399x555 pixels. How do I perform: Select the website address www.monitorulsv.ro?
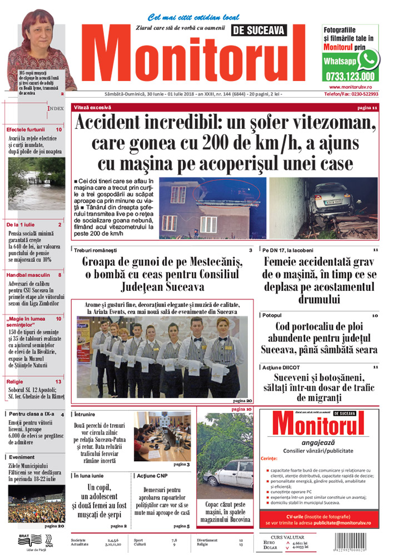(353, 87)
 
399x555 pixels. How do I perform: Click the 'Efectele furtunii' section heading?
(28, 129)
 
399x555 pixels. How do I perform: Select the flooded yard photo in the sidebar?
(36, 183)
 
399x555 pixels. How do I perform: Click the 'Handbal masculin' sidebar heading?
(28, 275)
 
